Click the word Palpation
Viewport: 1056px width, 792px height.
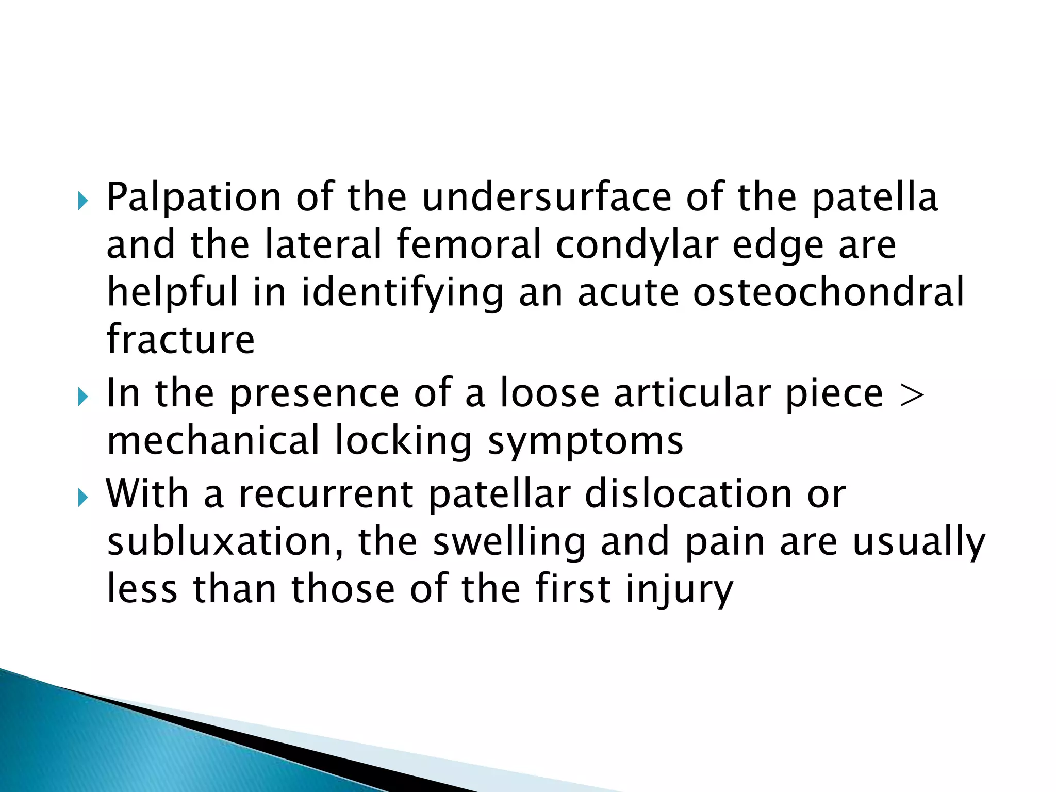(193, 199)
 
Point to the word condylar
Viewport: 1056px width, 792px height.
(637, 246)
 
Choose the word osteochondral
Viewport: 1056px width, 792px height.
(828, 292)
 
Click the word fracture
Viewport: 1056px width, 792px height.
(180, 339)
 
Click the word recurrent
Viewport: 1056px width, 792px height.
(326, 494)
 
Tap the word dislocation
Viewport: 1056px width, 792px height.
(688, 494)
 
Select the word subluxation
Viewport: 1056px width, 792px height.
(225, 541)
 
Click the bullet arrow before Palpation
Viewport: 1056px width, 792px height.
(82, 201)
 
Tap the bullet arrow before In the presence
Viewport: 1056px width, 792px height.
(82, 397)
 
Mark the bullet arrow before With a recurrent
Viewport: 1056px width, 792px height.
(82, 498)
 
